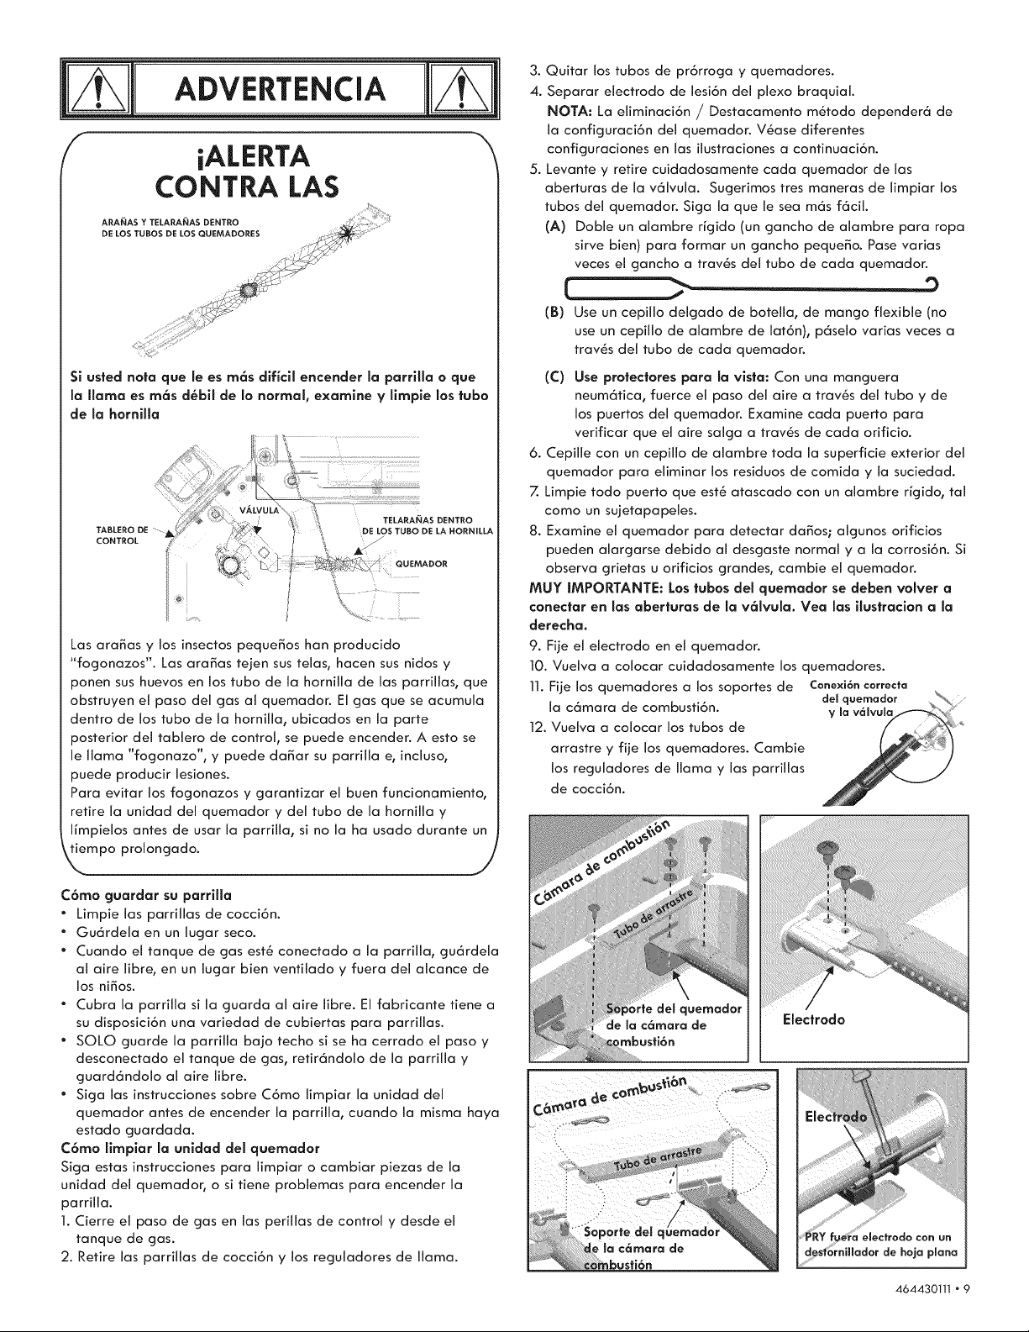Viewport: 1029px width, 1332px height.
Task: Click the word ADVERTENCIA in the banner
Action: (x=279, y=89)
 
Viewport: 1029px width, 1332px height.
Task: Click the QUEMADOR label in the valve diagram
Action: (x=422, y=564)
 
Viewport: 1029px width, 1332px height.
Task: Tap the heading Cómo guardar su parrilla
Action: (x=151, y=896)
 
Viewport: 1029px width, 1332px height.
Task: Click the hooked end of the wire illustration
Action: (x=932, y=282)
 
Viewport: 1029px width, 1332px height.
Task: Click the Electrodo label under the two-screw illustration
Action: (x=813, y=1019)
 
